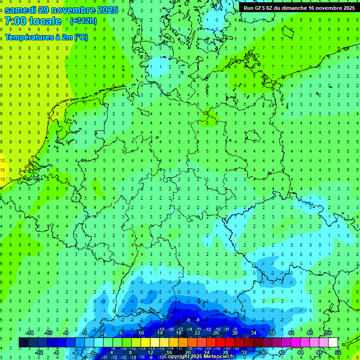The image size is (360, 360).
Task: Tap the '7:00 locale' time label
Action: click(33, 21)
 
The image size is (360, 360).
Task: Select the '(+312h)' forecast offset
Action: click(83, 21)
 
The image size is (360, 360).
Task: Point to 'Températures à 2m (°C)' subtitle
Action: click(46, 37)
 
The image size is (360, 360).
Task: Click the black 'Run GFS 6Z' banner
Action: click(299, 8)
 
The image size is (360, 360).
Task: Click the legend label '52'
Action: click(338, 352)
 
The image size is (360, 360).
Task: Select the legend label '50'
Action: click(328, 333)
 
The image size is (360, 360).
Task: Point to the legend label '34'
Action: click(253, 333)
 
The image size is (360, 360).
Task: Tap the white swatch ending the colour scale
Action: click(333, 343)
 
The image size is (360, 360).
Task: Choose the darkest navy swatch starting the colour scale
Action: click(23, 343)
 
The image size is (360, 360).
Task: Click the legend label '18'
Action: click(178, 333)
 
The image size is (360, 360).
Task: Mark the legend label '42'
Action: click(291, 333)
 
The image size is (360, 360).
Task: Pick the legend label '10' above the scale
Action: click(141, 333)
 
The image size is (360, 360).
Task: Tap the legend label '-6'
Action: click(66, 333)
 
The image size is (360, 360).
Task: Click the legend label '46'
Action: click(309, 333)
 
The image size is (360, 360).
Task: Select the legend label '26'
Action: click(216, 333)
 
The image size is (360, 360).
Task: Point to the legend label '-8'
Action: click(57, 352)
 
